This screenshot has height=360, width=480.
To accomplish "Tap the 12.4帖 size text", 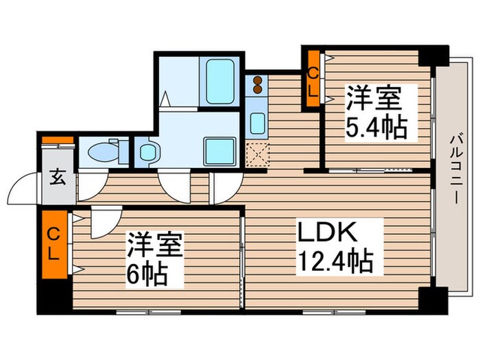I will [334, 261].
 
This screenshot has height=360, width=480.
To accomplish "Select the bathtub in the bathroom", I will [220, 80].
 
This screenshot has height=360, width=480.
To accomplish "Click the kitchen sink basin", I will [257, 124].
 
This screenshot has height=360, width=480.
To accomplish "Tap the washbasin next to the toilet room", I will [147, 152].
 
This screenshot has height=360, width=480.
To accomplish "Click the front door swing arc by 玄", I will [26, 187].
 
